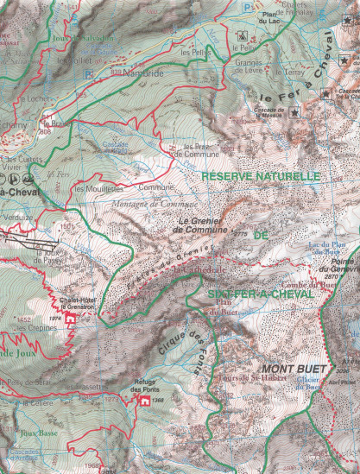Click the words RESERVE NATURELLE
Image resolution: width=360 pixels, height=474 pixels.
click(260, 176)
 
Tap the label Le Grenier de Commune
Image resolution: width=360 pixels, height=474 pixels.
click(204, 225)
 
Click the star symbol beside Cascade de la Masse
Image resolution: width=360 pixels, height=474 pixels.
click(294, 112)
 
